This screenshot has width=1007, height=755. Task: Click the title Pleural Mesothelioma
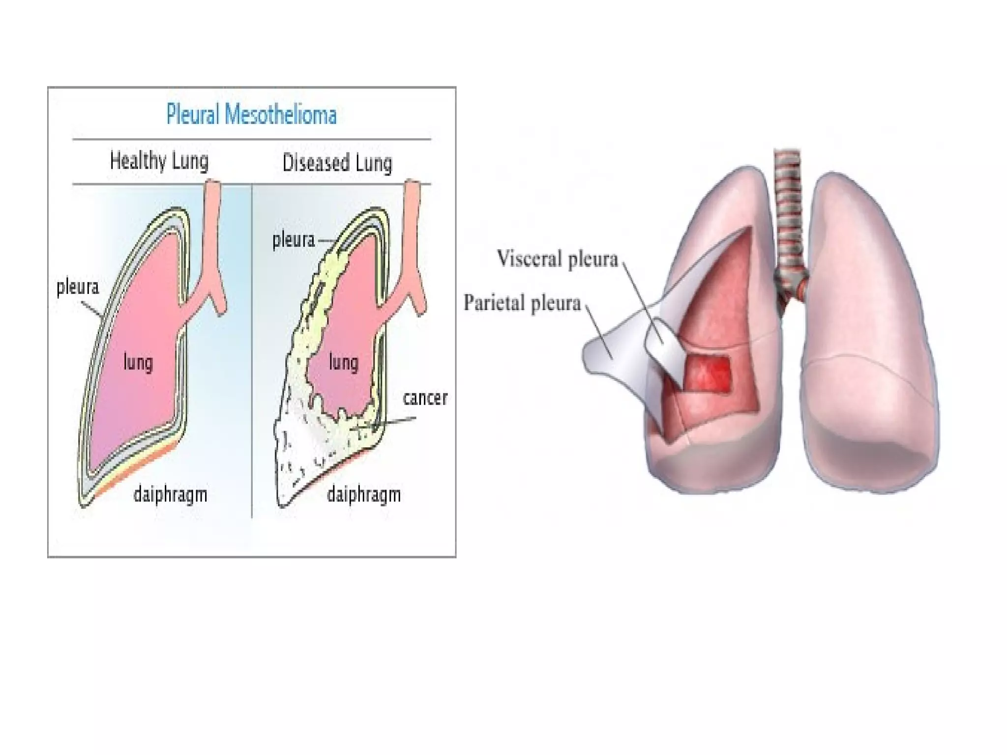[x=251, y=115]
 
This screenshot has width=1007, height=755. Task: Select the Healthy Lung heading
[x=159, y=161]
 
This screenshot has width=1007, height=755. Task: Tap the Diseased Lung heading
[x=337, y=163]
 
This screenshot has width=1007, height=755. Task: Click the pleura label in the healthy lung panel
[x=78, y=287]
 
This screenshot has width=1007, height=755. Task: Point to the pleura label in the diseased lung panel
[x=294, y=240]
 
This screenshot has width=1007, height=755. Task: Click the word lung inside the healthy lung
[x=138, y=363]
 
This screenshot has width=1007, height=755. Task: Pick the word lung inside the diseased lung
[x=344, y=363]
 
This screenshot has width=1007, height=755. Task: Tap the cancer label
[x=425, y=398]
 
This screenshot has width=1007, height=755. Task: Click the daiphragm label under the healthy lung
[x=170, y=494]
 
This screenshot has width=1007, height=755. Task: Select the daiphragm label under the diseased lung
[x=364, y=494]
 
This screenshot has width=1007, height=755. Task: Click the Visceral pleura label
[x=557, y=259]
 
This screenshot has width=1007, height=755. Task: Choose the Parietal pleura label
[x=522, y=303]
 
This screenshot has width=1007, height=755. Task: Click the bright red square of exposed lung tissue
[x=708, y=374]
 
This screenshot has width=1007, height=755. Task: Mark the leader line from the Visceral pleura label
[x=642, y=300]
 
